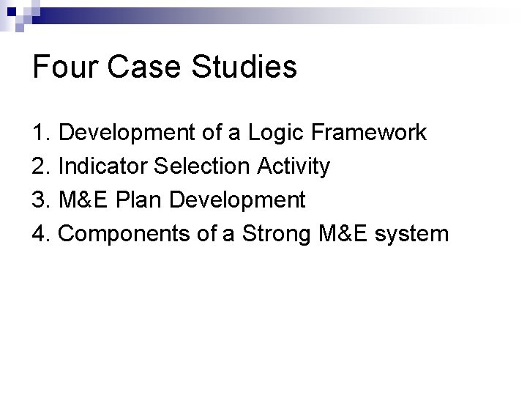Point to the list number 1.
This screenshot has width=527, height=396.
pyautogui.click(x=42, y=133)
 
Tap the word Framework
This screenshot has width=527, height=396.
pyautogui.click(x=364, y=133)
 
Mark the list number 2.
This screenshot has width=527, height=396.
pyautogui.click(x=42, y=167)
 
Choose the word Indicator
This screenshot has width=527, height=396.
pyautogui.click(x=97, y=167)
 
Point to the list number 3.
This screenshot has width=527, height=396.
pyautogui.click(x=42, y=200)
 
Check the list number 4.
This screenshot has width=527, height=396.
pyautogui.click(x=42, y=234)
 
